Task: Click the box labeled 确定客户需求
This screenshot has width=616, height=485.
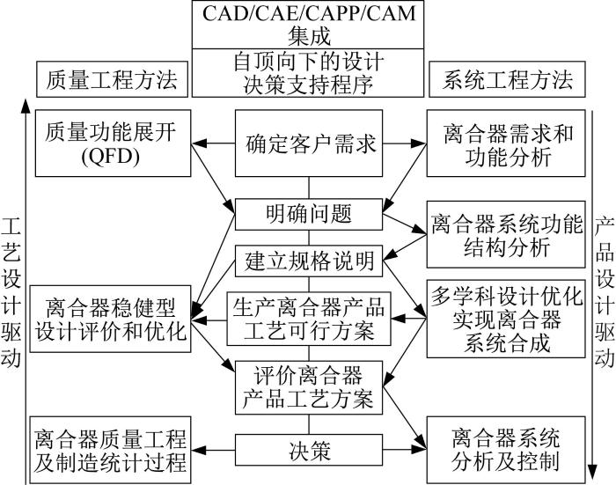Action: pyautogui.click(x=309, y=143)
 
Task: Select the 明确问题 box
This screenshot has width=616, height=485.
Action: pyautogui.click(x=309, y=214)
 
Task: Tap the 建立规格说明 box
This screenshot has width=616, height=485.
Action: pyautogui.click(x=309, y=261)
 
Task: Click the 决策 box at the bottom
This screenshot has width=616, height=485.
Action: pyautogui.click(x=309, y=450)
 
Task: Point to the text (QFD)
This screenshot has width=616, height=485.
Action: pyautogui.click(x=111, y=157)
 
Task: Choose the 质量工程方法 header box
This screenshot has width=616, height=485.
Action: pyautogui.click(x=112, y=79)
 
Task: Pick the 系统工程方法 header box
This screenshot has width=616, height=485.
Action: pyautogui.click(x=507, y=79)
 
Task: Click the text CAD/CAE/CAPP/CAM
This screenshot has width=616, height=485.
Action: pyautogui.click(x=308, y=13)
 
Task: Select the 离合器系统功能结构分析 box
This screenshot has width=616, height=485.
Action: pyautogui.click(x=506, y=235)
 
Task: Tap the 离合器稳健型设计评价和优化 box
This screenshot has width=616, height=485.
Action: pyautogui.click(x=110, y=319)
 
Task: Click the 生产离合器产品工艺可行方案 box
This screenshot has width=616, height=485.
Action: pyautogui.click(x=309, y=319)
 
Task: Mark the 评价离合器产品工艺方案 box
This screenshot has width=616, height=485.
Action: pyautogui.click(x=309, y=387)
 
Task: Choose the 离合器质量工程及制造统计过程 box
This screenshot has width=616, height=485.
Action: pyautogui.click(x=110, y=450)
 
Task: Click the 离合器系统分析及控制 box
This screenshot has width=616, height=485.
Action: pyautogui.click(x=506, y=450)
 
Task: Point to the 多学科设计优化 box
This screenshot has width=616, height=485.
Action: pyautogui.click(x=506, y=319)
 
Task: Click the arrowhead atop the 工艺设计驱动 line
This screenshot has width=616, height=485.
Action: pyautogui.click(x=26, y=107)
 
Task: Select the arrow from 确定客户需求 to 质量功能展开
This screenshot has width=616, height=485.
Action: pyautogui.click(x=213, y=143)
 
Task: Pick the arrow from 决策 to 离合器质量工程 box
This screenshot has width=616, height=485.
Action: pyautogui.click(x=213, y=450)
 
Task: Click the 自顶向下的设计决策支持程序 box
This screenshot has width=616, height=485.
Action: pyautogui.click(x=308, y=73)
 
